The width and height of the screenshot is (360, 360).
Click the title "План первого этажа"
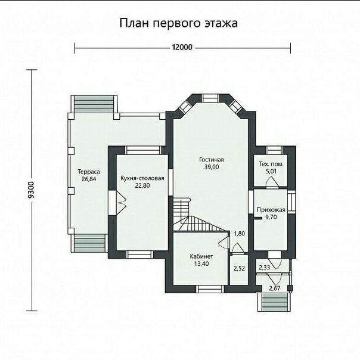coord(178,23)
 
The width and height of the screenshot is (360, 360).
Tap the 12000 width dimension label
coord(182,47)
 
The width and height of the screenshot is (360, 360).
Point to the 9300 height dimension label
coord(31,190)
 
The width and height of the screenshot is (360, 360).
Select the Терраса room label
coord(89,172)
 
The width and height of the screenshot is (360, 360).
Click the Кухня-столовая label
coord(142,178)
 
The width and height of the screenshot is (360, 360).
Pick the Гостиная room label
coord(212,160)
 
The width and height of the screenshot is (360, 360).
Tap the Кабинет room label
coord(201,256)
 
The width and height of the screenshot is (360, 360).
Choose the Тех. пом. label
coord(271,164)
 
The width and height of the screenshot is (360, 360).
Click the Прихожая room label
coord(271,210)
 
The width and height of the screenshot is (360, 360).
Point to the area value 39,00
coord(212,167)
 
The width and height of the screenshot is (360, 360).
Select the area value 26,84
coord(89,179)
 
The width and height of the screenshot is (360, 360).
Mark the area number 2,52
coord(239,268)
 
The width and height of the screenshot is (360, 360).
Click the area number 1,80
coord(239,234)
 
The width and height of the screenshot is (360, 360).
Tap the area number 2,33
coord(265,267)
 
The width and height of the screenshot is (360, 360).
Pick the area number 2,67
coord(275,288)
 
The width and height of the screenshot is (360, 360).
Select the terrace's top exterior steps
coord(94,104)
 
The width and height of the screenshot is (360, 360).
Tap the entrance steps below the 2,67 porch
coord(275,302)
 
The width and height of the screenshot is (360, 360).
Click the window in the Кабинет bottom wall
coord(211,289)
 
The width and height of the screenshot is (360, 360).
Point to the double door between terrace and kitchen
coord(117,203)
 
